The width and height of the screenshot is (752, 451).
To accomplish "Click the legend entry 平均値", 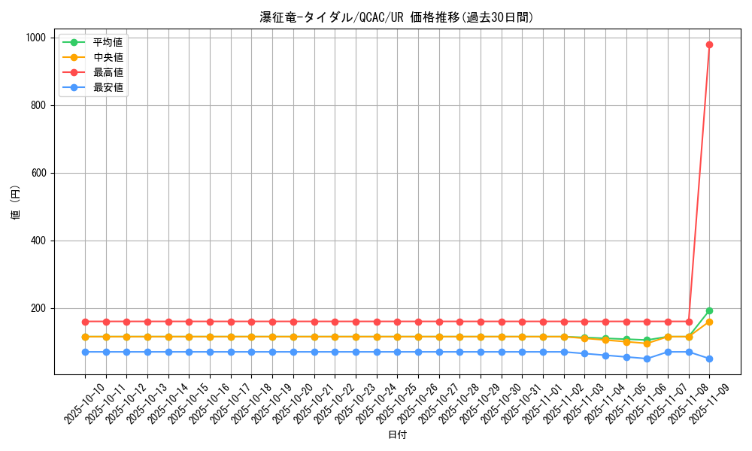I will (108, 42).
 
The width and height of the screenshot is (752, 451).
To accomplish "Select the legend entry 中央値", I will (108, 57).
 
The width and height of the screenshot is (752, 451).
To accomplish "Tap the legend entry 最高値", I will (108, 72).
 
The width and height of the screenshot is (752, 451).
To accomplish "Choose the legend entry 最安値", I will (108, 87).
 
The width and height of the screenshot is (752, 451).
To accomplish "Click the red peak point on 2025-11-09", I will (709, 44).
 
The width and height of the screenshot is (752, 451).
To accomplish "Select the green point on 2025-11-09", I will (709, 310).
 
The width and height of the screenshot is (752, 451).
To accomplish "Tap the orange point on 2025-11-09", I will (709, 322).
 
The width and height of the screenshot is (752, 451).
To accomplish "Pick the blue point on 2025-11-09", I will (709, 359).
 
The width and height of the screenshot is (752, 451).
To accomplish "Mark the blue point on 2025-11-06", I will (647, 359).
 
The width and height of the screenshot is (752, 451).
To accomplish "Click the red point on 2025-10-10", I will (85, 322).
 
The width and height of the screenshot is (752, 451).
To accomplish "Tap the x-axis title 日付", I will (397, 435).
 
